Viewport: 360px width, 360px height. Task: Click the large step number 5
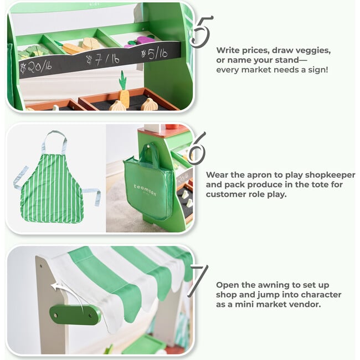[x=200, y=31]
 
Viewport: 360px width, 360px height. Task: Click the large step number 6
[x=197, y=148]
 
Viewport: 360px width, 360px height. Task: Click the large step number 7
[x=198, y=281]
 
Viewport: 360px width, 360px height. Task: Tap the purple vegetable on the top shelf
[x=146, y=40]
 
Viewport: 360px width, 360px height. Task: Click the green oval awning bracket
[x=75, y=315]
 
